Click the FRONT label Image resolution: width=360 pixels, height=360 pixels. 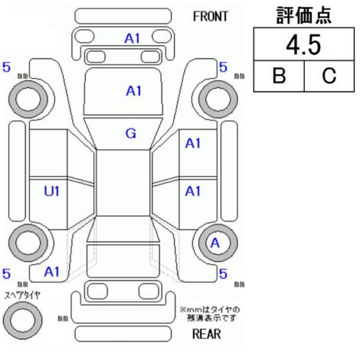point(210,17)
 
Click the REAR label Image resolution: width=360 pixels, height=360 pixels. point(207,333)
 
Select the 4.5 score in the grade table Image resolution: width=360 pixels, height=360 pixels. point(303,45)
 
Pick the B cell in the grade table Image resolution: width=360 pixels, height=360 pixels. point(279,76)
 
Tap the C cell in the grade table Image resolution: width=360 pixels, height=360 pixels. point(329,76)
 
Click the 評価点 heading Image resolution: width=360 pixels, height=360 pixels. point(304,15)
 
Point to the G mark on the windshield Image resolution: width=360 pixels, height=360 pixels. point(131,133)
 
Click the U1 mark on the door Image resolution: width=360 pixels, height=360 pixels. point(51,191)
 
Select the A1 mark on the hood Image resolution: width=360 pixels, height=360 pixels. point(134,91)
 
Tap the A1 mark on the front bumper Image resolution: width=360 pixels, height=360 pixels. point(133,39)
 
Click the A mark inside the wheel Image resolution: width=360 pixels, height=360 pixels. point(215,243)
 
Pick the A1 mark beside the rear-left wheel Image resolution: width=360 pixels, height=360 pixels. point(51,272)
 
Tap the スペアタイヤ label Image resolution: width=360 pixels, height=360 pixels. point(23,296)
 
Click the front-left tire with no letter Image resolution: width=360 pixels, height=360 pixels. point(13,99)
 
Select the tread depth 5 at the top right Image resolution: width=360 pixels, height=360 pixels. point(223,67)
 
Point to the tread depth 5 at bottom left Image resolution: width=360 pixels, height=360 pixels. point(6,273)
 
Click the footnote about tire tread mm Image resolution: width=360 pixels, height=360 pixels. point(210,314)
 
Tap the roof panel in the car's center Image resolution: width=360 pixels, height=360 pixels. point(123,183)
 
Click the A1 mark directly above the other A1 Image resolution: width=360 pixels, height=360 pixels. point(193,143)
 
